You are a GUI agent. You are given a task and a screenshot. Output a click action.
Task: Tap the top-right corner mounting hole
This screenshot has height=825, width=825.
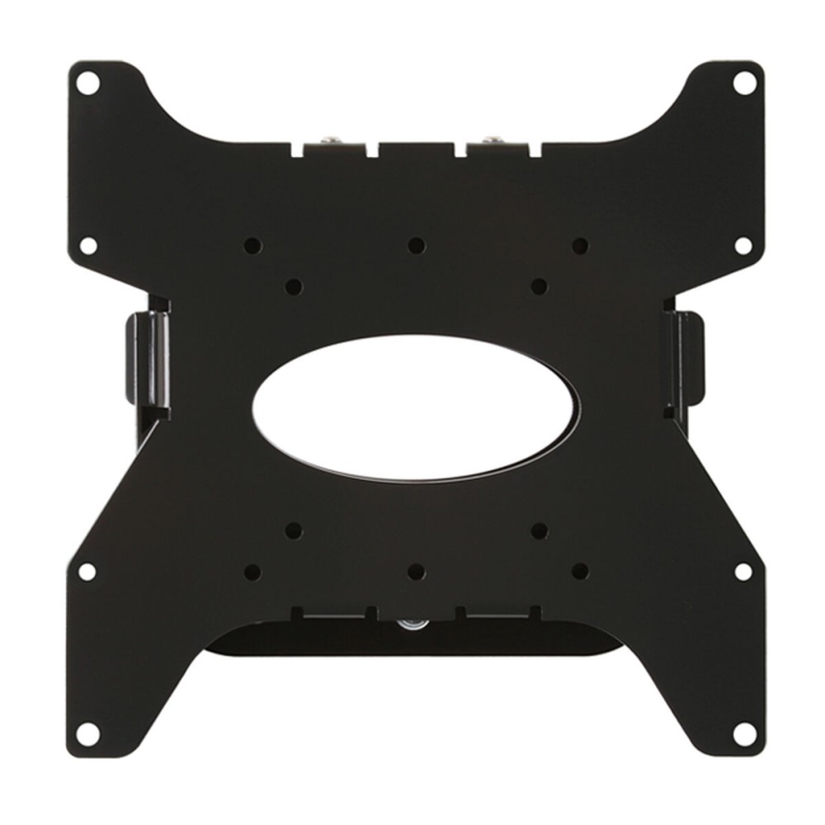742,82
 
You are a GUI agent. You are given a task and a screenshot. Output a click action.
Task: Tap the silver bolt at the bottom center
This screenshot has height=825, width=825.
410,625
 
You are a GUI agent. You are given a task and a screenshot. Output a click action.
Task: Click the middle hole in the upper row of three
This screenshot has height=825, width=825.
417,245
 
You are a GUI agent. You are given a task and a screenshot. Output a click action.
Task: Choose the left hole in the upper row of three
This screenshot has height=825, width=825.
253,245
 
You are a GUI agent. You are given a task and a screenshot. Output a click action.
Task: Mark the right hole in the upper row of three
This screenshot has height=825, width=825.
580,245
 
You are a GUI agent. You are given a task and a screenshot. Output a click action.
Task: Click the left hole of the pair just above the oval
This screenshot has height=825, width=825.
294,285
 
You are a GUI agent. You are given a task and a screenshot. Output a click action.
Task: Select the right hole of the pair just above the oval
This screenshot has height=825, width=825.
540,285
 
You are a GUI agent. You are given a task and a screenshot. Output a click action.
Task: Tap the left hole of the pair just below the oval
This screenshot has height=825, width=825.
294,529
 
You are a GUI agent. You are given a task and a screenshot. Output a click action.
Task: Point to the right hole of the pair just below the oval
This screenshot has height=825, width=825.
540,529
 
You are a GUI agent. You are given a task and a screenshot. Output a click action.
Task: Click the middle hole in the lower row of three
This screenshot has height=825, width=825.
417,570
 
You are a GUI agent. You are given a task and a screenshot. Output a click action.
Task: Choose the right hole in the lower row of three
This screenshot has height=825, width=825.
580,570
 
